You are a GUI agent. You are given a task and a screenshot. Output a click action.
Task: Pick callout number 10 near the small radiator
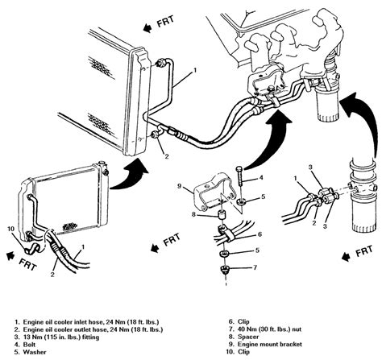(10, 229)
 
